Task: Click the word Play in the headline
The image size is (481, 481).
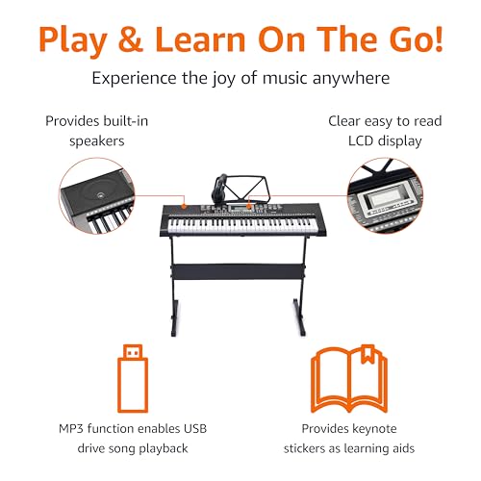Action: coord(73,40)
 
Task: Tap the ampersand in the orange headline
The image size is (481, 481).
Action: coord(130,39)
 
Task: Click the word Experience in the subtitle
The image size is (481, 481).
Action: coord(134,79)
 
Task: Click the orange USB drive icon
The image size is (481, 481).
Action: coord(133,378)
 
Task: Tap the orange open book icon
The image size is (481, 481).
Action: coord(349,380)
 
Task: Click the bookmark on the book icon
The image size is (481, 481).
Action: coord(367,354)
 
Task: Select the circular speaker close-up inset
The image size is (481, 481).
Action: coord(96,195)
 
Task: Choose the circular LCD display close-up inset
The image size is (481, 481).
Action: coord(385,195)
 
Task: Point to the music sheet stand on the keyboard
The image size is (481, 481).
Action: coord(247,189)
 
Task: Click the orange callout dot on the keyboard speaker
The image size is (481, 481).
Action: coord(184,206)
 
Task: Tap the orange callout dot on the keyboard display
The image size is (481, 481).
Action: coord(249,206)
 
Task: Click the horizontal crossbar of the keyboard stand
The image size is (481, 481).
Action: coord(238,271)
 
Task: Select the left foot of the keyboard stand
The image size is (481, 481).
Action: coord(174,317)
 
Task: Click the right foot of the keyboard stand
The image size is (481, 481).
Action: coord(299,317)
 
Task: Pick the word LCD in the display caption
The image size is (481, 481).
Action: coord(361,141)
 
